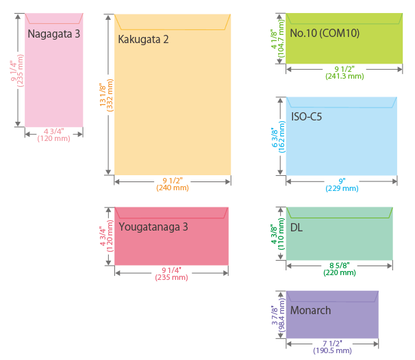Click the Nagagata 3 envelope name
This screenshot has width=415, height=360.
point(54,34)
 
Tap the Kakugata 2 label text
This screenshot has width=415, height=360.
point(143,39)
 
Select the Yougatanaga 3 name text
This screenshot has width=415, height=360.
point(153,227)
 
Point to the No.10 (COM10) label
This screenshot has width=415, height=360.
point(325,33)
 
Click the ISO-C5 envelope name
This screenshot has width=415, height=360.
point(306,116)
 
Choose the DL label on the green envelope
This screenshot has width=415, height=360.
point(297,227)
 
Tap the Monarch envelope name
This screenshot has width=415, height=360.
point(310,311)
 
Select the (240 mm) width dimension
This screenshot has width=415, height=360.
point(173,188)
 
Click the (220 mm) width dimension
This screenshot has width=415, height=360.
point(340,272)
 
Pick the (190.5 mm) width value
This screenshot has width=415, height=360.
point(333,350)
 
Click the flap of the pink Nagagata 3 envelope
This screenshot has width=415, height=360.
point(54,17)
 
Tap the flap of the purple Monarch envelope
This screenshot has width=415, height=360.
point(332,296)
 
